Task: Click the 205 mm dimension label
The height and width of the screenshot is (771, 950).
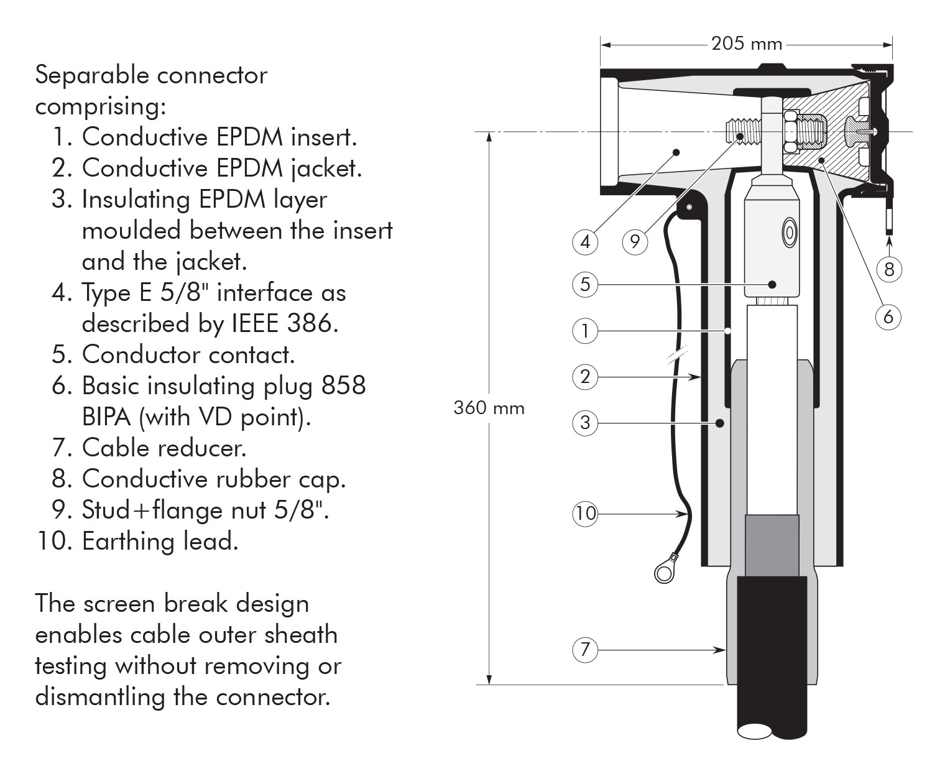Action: pyautogui.click(x=747, y=44)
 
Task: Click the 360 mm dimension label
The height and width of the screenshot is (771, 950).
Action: pyautogui.click(x=489, y=409)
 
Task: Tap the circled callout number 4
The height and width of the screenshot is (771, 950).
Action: pyautogui.click(x=585, y=241)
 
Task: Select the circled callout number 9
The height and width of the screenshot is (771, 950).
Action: pyautogui.click(x=635, y=241)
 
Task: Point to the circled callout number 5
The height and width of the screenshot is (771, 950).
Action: pyautogui.click(x=585, y=284)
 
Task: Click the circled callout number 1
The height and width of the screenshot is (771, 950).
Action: pyautogui.click(x=585, y=331)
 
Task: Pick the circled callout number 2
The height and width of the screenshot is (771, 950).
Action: pyautogui.click(x=585, y=377)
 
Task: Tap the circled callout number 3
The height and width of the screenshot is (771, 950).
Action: pyautogui.click(x=585, y=423)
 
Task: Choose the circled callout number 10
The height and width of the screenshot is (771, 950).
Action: pyautogui.click(x=585, y=514)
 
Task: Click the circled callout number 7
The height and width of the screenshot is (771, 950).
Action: pyautogui.click(x=585, y=650)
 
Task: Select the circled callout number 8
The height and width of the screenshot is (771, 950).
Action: pyautogui.click(x=888, y=269)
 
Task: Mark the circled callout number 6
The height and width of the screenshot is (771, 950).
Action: pyautogui.click(x=888, y=316)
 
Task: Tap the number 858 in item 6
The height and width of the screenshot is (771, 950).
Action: pyautogui.click(x=344, y=386)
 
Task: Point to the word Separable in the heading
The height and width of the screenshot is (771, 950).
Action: pyautogui.click(x=92, y=75)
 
